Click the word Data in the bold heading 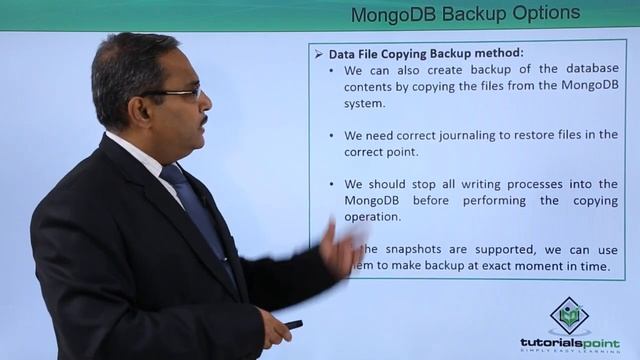(x=344, y=54)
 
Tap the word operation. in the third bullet (x=373, y=216)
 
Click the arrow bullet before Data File (x=319, y=54)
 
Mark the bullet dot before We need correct (x=333, y=135)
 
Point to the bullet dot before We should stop (x=333, y=184)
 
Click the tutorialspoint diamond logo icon (x=569, y=316)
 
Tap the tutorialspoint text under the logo (x=569, y=342)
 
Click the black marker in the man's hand (x=292, y=325)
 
